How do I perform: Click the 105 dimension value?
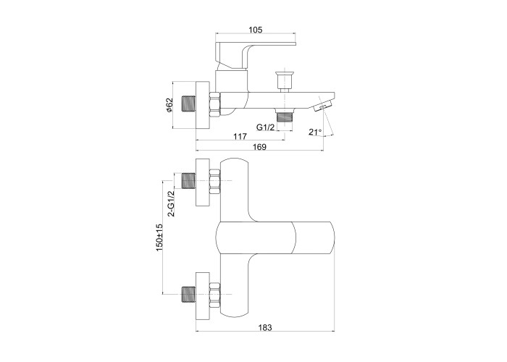pos(255,30)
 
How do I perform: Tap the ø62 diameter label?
pos(169,105)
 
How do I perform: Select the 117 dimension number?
pos(240,136)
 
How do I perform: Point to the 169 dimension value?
pos(259,147)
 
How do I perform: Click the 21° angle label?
pos(315,132)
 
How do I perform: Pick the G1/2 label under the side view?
pos(266,127)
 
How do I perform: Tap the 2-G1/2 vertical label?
pos(171,203)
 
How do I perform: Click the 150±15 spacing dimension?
pos(159,237)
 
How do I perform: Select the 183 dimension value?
pos(265,327)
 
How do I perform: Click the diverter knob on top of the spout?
pos(284,81)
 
